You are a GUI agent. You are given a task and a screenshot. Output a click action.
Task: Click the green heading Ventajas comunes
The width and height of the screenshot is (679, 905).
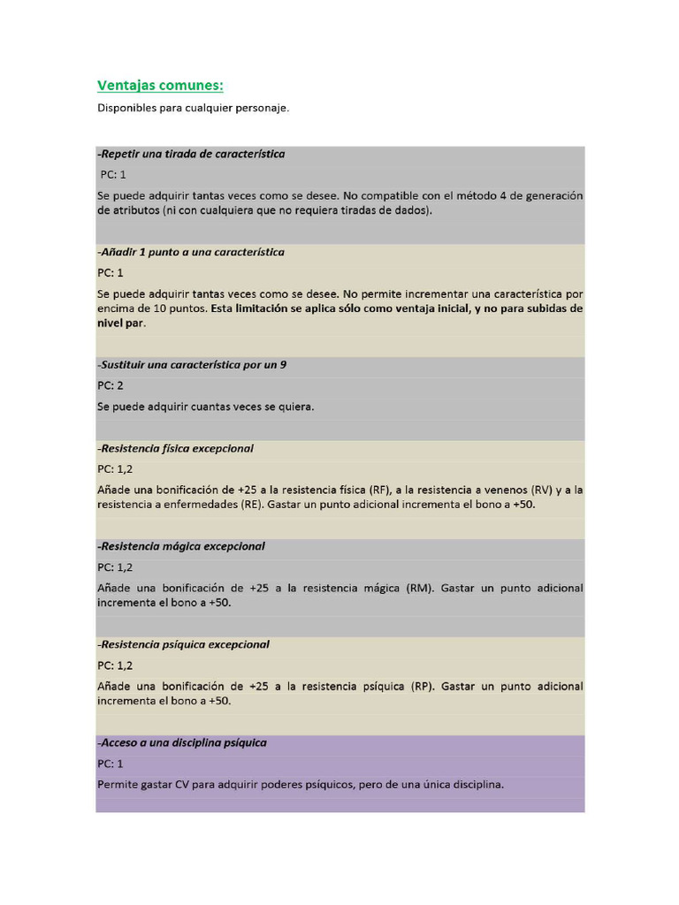click(160, 86)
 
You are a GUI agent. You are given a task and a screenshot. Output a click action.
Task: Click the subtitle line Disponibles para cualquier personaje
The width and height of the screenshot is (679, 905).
click(193, 109)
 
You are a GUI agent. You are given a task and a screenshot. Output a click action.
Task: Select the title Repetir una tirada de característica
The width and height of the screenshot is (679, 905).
click(191, 154)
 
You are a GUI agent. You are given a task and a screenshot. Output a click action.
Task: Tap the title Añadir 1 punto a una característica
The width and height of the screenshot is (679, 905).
click(191, 252)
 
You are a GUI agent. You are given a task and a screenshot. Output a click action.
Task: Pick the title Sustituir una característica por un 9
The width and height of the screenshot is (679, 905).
click(192, 364)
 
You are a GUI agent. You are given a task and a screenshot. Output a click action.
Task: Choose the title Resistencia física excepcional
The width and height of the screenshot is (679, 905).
click(175, 448)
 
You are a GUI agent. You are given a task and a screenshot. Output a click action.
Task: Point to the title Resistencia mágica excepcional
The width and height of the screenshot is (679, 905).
click(180, 546)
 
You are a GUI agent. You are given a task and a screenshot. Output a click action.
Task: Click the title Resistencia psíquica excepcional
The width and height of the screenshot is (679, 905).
click(183, 644)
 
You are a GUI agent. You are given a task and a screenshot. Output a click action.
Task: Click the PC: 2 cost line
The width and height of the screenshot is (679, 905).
click(111, 385)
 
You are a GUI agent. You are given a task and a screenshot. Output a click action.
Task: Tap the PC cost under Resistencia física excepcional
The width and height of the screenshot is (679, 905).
click(115, 469)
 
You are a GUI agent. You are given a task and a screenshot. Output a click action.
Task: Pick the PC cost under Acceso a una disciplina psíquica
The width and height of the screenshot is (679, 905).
click(111, 763)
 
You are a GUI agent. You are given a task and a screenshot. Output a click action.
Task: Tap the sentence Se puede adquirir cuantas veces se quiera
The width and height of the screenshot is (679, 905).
click(205, 407)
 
